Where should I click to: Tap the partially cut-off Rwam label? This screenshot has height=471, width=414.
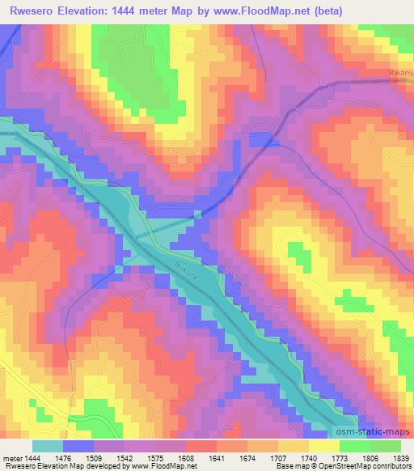pyautogui.click(x=400, y=74)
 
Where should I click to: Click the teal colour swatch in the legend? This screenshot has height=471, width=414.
pyautogui.click(x=48, y=446)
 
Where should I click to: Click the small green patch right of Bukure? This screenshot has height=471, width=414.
pyautogui.click(x=298, y=257)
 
